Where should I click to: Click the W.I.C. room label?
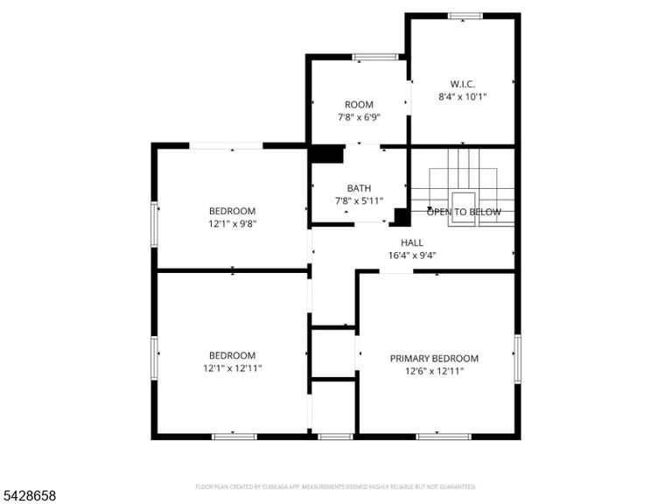(x=462, y=84)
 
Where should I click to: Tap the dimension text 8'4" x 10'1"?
(x=462, y=97)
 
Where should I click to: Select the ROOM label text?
(x=359, y=105)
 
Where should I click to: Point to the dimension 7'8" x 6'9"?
(x=359, y=117)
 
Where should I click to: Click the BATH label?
(x=359, y=188)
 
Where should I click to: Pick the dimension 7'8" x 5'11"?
(x=359, y=200)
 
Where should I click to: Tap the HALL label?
(x=412, y=243)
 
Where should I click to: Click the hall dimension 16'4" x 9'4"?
(x=412, y=255)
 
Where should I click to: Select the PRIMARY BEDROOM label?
(x=434, y=359)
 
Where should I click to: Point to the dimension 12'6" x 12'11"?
(x=434, y=371)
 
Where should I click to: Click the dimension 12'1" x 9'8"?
(x=232, y=224)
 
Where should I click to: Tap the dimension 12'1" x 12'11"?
(x=232, y=368)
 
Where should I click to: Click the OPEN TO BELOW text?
(x=464, y=212)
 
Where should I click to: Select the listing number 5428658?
(x=28, y=496)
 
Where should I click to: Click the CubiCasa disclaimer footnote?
(x=336, y=486)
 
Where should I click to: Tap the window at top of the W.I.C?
(x=465, y=17)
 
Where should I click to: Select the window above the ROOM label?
(x=375, y=57)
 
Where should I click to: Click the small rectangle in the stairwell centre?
(x=463, y=208)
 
